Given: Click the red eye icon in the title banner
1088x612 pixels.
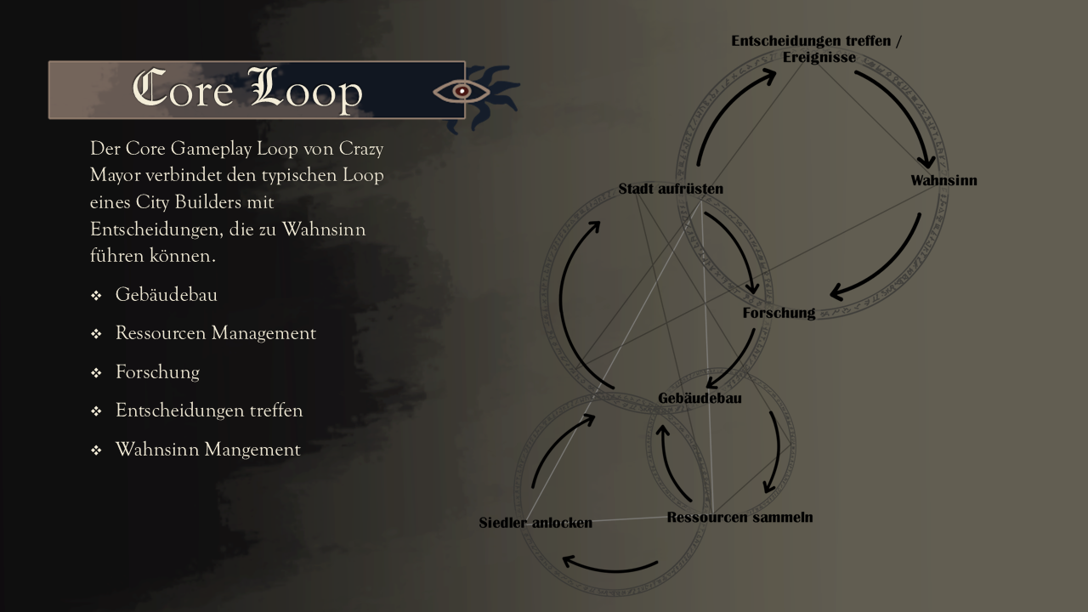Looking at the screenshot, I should pyautogui.click(x=462, y=90).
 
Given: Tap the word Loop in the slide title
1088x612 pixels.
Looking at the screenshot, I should pyautogui.click(x=305, y=90).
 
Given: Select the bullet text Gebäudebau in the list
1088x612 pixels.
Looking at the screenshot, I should pyautogui.click(x=167, y=295).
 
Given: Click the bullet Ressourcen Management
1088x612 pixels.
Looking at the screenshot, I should pyautogui.click(x=215, y=333).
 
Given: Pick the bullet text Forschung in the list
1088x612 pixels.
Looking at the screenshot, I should pyautogui.click(x=157, y=372).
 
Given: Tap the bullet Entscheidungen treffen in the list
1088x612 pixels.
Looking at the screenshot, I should pyautogui.click(x=209, y=411).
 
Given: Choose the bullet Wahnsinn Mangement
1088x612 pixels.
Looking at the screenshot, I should pyautogui.click(x=207, y=450).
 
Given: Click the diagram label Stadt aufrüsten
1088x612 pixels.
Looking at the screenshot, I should pyautogui.click(x=671, y=189).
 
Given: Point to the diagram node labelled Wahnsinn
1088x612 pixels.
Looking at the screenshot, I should pyautogui.click(x=943, y=180).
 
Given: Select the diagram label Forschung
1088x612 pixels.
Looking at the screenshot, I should pyautogui.click(x=779, y=313).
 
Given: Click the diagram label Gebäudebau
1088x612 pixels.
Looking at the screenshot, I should pyautogui.click(x=700, y=398).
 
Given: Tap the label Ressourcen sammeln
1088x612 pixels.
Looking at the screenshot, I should pyautogui.click(x=739, y=517).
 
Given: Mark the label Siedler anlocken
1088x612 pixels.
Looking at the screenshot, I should pyautogui.click(x=535, y=523).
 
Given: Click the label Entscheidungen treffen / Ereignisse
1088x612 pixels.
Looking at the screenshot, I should pyautogui.click(x=816, y=49).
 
